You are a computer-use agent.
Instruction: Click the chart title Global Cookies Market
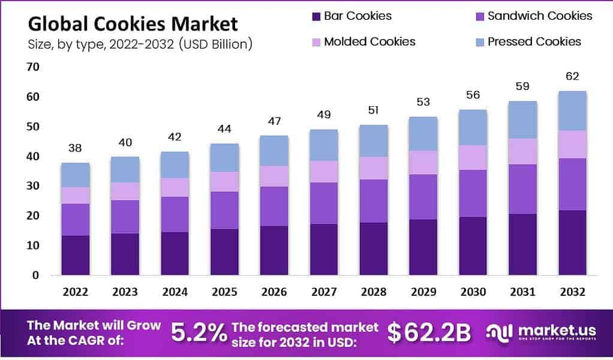point(133,24)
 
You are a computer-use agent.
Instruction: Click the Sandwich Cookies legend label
point(540,16)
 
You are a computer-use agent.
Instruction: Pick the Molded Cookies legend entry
point(369,42)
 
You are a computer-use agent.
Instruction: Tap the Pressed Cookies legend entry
point(534,42)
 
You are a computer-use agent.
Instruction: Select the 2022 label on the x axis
point(75,292)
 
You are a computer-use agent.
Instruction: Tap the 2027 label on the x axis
point(324,292)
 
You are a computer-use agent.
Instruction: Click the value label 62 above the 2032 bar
point(572,77)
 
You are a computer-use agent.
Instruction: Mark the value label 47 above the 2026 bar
point(274,122)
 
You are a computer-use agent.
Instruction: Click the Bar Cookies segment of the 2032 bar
point(572,242)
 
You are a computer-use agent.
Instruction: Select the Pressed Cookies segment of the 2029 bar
point(423,134)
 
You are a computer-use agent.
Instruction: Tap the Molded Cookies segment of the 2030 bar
point(473,157)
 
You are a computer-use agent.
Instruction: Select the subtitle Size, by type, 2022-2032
point(140,44)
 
